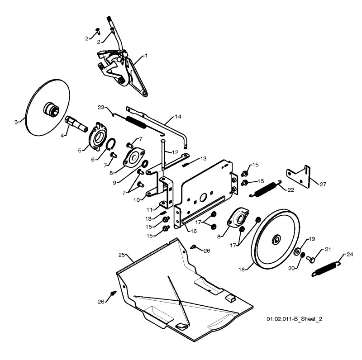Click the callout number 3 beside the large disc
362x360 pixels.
point(16,122)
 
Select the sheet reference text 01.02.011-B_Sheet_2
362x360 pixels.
point(295,319)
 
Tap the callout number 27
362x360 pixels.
point(323,184)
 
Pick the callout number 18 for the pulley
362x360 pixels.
point(242,269)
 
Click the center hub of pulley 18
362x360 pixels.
point(276,240)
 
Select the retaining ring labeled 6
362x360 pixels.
point(111,144)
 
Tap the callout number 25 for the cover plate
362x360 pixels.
point(121,255)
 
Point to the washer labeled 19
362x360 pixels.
point(297,251)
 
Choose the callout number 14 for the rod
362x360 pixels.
point(178,117)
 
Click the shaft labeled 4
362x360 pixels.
point(76,124)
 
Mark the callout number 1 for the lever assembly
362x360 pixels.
point(146,56)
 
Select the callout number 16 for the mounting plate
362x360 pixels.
point(194,231)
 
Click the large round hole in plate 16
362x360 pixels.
point(203,197)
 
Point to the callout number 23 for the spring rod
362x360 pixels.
point(101,107)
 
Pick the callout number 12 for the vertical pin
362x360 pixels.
point(175,152)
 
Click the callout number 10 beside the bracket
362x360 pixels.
point(137,200)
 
